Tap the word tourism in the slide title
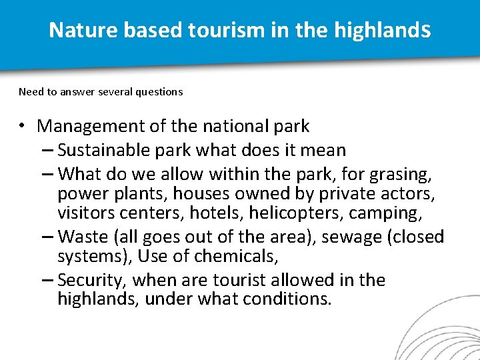(x=212, y=30)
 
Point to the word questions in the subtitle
(x=159, y=92)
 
